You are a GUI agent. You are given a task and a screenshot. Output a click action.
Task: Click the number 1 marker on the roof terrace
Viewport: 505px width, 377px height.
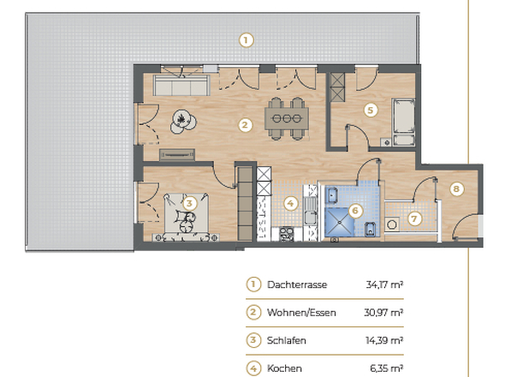coord(246,39)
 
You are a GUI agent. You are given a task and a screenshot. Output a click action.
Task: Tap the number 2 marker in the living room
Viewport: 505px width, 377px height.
coord(245,125)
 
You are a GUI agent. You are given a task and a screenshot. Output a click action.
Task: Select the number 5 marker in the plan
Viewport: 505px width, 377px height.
coord(370,110)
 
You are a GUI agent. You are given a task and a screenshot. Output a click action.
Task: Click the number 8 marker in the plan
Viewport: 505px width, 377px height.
coord(457,189)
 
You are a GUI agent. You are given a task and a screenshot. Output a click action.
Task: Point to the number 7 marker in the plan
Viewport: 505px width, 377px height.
coord(415,218)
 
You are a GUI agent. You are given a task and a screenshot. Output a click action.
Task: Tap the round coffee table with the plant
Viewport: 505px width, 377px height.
coord(181,122)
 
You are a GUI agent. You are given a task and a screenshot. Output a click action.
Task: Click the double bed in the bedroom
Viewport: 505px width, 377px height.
coord(187,214)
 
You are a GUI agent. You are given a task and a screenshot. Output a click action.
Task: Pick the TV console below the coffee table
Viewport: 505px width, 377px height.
coord(178,154)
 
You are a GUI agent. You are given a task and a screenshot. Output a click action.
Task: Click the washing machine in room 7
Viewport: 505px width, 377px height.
coord(392,225)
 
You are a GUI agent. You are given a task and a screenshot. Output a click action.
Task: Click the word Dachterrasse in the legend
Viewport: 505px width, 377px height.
coord(297,285)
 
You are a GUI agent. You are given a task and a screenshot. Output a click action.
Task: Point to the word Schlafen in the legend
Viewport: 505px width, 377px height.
coord(288,340)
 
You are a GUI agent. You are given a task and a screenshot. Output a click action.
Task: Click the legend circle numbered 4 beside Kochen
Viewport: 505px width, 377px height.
coord(253,368)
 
